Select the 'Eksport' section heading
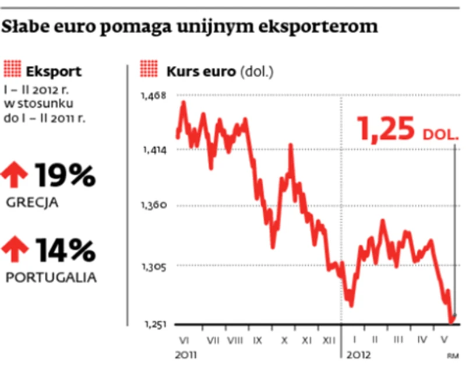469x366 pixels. (54, 72)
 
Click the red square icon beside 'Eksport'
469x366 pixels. (12, 72)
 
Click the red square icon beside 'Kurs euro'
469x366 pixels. (148, 72)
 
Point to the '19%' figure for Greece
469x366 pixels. (65, 175)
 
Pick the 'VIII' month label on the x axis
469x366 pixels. (235, 339)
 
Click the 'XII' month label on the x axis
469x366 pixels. (329, 339)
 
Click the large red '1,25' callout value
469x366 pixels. (387, 129)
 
